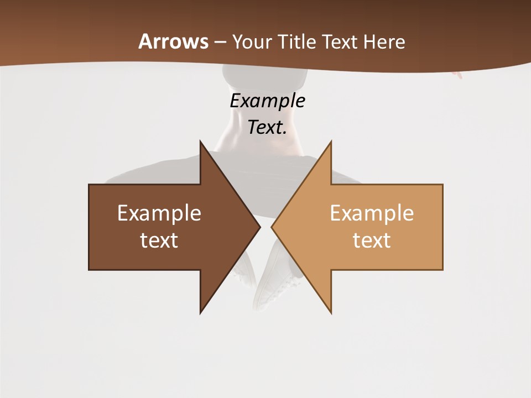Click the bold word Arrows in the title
[173, 41]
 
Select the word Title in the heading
[298, 42]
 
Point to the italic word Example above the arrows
[267, 101]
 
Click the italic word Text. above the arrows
[267, 128]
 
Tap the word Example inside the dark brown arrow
[159, 213]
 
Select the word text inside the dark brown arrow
[159, 240]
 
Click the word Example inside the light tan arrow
[372, 213]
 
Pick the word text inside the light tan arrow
[372, 240]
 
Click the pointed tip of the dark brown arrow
[259, 227]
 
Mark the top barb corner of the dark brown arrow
[201, 142]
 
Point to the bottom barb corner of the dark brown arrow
[201, 312]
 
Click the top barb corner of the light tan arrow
[331, 142]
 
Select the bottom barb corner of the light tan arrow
[331, 312]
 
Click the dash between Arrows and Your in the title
[220, 43]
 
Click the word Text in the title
[340, 42]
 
